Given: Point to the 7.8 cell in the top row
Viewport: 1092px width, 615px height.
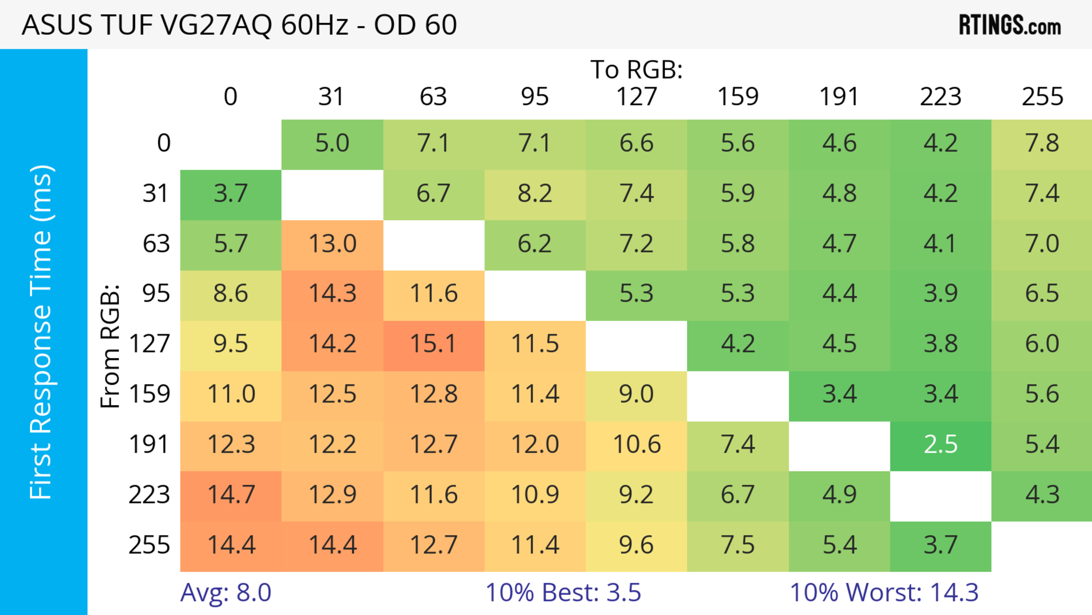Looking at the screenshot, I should pos(1042,143).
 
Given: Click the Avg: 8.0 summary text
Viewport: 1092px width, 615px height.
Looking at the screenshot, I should pos(226,593).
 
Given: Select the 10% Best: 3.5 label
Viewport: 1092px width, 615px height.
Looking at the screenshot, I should pos(563,593).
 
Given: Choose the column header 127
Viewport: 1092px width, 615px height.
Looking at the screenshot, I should pos(636,97).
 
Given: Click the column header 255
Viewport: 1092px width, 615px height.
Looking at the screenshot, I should pos(1042,97).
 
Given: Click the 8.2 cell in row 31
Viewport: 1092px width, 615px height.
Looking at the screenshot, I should pos(535,194).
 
